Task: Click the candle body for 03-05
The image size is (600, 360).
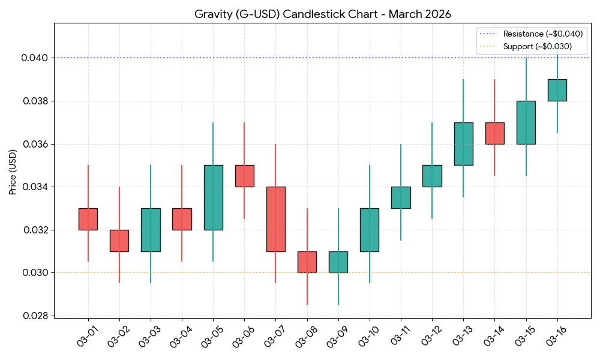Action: [213, 197]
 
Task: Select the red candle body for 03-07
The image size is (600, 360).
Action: [275, 219]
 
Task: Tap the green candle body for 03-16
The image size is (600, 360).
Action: [557, 90]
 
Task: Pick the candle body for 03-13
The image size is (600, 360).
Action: [463, 143]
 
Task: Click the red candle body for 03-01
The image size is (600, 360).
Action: [88, 219]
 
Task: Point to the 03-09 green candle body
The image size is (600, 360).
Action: [338, 262]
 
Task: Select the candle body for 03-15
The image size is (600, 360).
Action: [526, 122]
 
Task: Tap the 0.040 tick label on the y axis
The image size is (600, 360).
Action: [35, 58]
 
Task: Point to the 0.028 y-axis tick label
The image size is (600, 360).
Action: [35, 316]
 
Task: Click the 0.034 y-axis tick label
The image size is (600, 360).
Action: [35, 187]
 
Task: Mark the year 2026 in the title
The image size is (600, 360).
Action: [437, 14]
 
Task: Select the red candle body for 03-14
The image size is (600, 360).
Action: [495, 133]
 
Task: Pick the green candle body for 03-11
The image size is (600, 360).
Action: [401, 197]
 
